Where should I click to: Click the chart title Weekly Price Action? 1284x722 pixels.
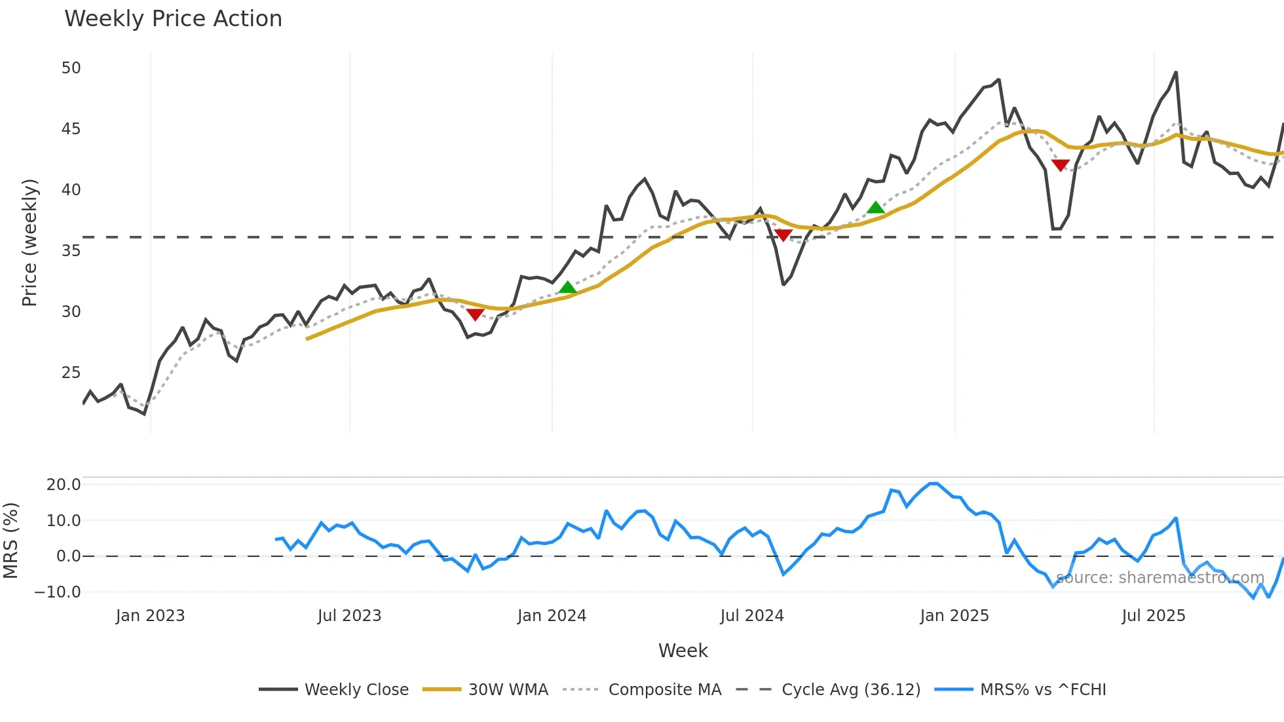(x=173, y=19)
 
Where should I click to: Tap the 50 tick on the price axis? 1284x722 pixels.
(x=71, y=68)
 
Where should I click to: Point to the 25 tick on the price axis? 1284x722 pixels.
(x=71, y=373)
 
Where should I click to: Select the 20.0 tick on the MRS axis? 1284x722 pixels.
(x=64, y=485)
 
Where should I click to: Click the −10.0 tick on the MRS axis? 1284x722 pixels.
(x=58, y=592)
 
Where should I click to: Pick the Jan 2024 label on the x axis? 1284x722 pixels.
(x=552, y=616)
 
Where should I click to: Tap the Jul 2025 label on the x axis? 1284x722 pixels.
(x=1154, y=616)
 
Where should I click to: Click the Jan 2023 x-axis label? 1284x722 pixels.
(x=150, y=616)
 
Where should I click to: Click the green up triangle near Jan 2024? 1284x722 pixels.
(x=568, y=288)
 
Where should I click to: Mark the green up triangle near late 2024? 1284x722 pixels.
(x=876, y=208)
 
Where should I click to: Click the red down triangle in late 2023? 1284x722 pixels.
(x=475, y=315)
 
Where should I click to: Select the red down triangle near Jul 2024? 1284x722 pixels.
(x=783, y=235)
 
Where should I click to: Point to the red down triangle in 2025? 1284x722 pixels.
(x=1060, y=165)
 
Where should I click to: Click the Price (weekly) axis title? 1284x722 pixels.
(x=29, y=242)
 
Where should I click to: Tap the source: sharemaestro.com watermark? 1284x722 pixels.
(x=1160, y=578)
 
